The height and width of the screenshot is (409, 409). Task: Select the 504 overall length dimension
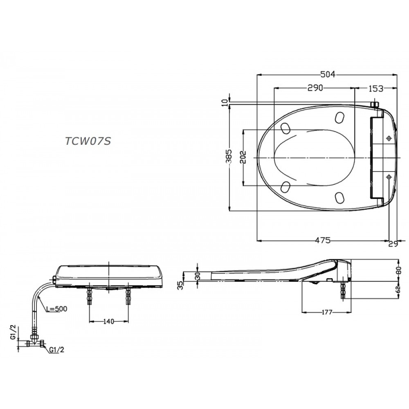[328, 74]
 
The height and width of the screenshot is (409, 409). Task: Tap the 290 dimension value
[315, 88]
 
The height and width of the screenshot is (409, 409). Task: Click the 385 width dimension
[229, 157]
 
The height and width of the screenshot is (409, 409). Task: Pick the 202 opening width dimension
[244, 157]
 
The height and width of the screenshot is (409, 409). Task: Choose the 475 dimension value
[323, 240]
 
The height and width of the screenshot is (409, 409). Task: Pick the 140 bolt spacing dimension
[108, 321]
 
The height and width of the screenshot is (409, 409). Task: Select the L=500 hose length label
[56, 309]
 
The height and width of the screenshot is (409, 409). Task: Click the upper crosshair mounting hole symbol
[389, 139]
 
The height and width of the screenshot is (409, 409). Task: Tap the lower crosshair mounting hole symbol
[389, 176]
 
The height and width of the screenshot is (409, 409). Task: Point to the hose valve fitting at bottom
[36, 343]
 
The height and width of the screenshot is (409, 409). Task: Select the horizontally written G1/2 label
[56, 350]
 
